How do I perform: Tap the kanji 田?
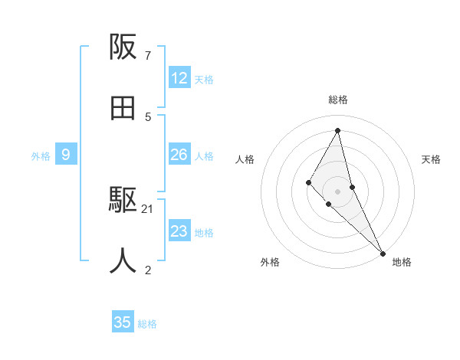click(x=123, y=109)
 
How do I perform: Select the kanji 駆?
click(x=123, y=201)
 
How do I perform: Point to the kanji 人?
click(x=123, y=261)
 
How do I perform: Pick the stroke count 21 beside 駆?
click(x=148, y=208)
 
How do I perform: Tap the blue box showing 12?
click(x=179, y=78)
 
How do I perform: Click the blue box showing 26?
click(x=179, y=155)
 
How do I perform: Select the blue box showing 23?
click(x=179, y=231)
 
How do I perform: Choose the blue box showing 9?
click(x=66, y=155)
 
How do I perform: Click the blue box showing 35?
click(x=123, y=322)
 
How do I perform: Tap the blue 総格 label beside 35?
click(x=147, y=324)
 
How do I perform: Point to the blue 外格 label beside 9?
click(x=41, y=156)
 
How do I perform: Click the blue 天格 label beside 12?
click(x=204, y=80)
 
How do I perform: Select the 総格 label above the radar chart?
click(x=338, y=100)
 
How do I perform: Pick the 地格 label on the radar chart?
click(x=402, y=262)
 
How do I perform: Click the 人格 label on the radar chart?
click(x=245, y=159)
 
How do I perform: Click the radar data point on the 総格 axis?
click(x=338, y=129)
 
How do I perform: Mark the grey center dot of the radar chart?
click(x=338, y=191)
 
